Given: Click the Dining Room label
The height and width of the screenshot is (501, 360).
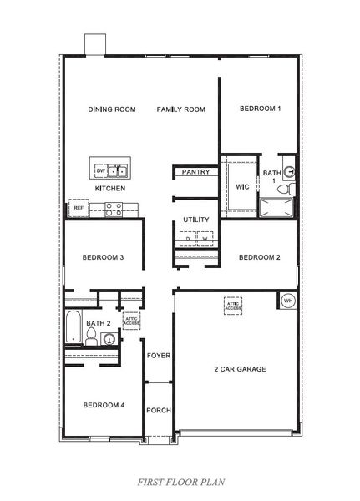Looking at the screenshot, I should [x=112, y=109].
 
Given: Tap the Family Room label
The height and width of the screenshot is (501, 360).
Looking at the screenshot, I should [x=180, y=109].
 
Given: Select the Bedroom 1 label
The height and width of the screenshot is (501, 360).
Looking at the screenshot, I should [x=260, y=109].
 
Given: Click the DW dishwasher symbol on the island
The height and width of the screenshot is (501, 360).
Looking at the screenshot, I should [x=101, y=171].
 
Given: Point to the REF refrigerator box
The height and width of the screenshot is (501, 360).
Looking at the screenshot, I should [x=78, y=207].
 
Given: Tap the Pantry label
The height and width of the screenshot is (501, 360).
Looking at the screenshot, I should [x=195, y=172].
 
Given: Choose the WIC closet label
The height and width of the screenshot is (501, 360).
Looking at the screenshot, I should [x=243, y=186].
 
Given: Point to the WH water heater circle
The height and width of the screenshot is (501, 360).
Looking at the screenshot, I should [x=288, y=301].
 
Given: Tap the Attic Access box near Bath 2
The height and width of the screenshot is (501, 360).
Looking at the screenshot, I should [x=131, y=321].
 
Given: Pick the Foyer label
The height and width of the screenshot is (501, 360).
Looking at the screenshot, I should [x=159, y=355].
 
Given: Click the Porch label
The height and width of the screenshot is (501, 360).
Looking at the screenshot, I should [x=159, y=410].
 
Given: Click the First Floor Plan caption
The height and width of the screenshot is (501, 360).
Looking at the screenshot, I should [x=180, y=483].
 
